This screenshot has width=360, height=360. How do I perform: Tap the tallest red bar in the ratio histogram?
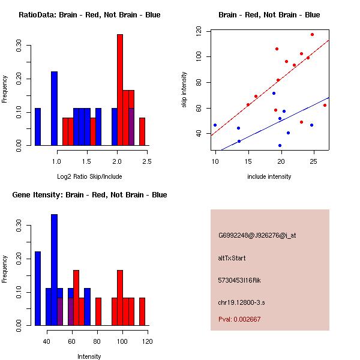click(119, 90)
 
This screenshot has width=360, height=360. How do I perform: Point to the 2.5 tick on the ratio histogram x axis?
click(147, 161)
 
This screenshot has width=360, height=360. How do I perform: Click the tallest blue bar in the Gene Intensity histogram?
click(54, 270)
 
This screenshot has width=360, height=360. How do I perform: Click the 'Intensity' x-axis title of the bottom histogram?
click(89, 356)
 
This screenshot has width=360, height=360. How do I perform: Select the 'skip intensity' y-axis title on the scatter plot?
click(184, 90)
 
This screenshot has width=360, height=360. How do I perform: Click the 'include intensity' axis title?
click(269, 176)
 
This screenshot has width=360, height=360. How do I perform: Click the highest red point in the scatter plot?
click(312, 34)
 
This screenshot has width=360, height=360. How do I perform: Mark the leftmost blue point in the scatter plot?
click(215, 125)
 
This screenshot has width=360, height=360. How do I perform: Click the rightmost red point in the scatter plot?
click(325, 105)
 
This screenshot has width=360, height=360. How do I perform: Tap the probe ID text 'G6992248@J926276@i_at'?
click(257, 235)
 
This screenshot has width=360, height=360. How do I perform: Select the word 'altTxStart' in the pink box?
click(232, 258)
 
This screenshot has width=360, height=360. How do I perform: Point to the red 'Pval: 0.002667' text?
click(239, 319)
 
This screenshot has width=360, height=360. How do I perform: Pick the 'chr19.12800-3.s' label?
click(241, 302)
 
